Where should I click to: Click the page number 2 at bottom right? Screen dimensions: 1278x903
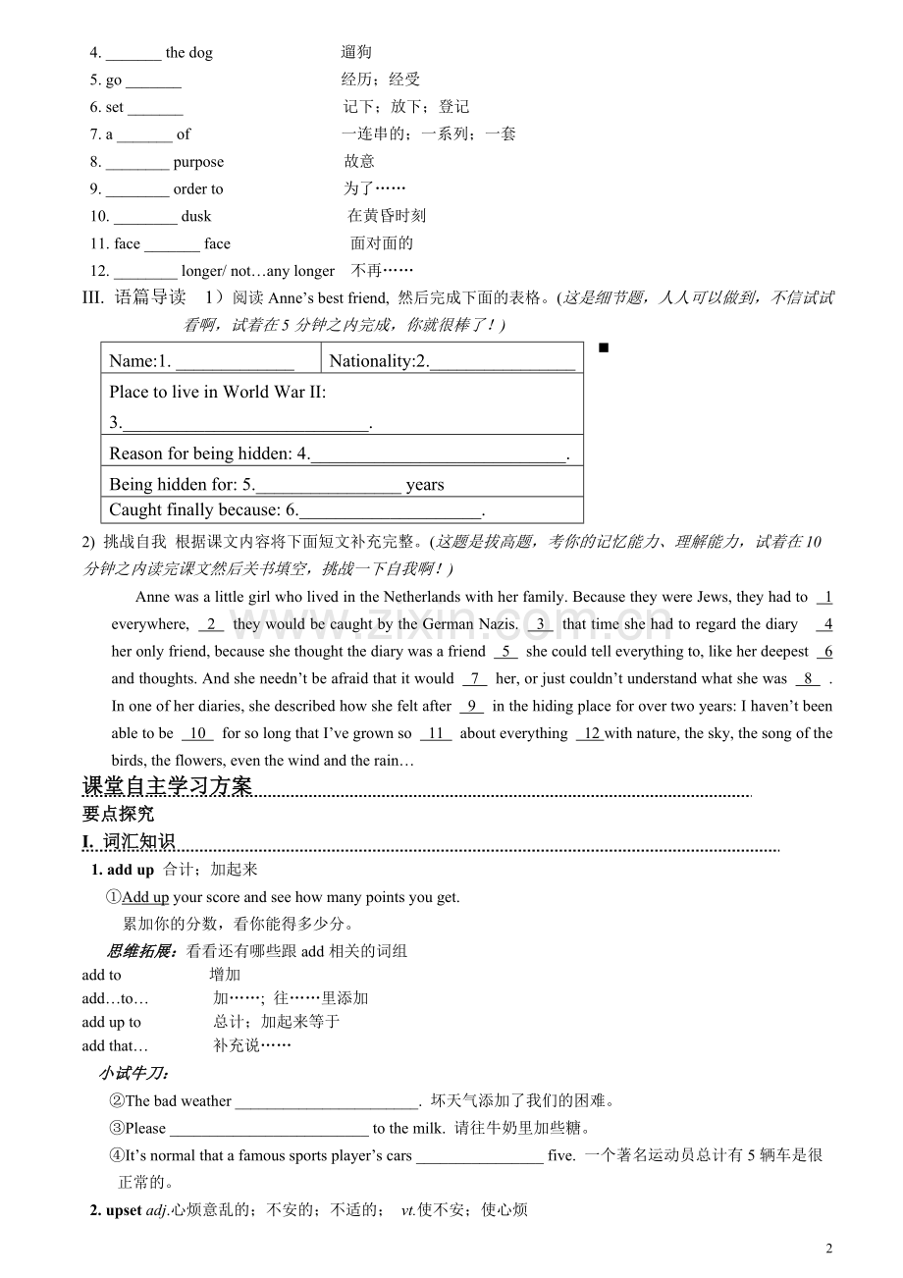coord(829,1249)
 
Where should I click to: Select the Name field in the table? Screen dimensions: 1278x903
coord(210,360)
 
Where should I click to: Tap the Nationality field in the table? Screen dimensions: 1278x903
coord(451,360)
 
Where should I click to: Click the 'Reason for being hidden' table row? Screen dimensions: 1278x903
coord(341,453)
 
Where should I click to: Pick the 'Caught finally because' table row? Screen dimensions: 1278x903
coord(341,509)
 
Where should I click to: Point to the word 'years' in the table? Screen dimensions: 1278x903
coord(425,484)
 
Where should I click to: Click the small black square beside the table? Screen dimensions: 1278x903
coord(603,347)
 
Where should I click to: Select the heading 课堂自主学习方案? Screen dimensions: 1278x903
coord(167,786)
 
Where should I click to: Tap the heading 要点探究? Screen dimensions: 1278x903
coord(118,814)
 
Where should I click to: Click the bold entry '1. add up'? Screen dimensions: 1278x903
coord(123,870)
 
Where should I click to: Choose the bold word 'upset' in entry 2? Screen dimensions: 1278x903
coord(124,1209)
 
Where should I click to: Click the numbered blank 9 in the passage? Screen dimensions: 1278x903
coord(471,706)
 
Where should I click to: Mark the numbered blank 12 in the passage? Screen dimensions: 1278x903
coord(590,733)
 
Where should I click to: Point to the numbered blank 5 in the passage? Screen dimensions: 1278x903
coord(506,651)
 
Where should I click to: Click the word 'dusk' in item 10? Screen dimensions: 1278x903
coord(196,216)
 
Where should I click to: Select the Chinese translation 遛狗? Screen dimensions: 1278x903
coord(356,52)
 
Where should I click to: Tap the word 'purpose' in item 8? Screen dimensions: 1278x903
coord(198,162)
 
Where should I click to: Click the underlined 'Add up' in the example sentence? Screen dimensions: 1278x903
coord(145,896)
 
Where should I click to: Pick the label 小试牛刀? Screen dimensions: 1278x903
coord(133,1073)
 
